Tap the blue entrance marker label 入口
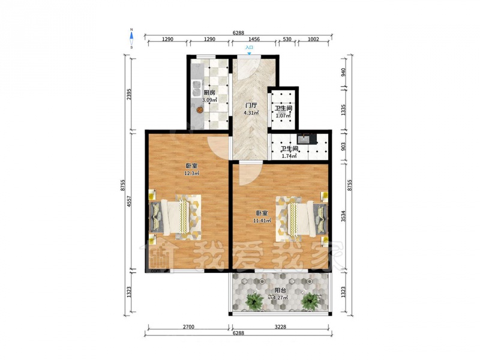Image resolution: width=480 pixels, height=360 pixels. click(249, 48)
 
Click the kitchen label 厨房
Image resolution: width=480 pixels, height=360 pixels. click(209, 93)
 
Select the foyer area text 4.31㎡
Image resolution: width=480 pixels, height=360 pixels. click(251, 113)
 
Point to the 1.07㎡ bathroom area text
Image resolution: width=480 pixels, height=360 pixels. click(283, 116)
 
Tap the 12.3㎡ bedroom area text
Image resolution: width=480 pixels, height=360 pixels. click(191, 173)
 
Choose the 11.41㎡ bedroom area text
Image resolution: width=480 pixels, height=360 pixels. click(262, 220)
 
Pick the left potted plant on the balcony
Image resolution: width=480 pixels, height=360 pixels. click(254, 301)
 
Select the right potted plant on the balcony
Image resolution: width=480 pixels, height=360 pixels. click(310, 301)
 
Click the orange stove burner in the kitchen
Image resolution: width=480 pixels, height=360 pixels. click(199, 110)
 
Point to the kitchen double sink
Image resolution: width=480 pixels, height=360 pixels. click(196, 88)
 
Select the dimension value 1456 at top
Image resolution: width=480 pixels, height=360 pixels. click(254, 39)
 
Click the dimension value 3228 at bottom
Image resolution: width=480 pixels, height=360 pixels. click(280, 326)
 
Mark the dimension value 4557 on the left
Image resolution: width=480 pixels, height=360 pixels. click(129, 202)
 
